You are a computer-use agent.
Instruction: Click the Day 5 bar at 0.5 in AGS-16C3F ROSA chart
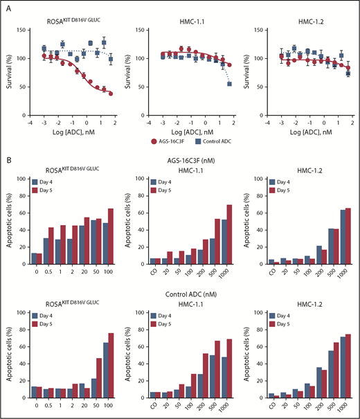pos(51,247)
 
